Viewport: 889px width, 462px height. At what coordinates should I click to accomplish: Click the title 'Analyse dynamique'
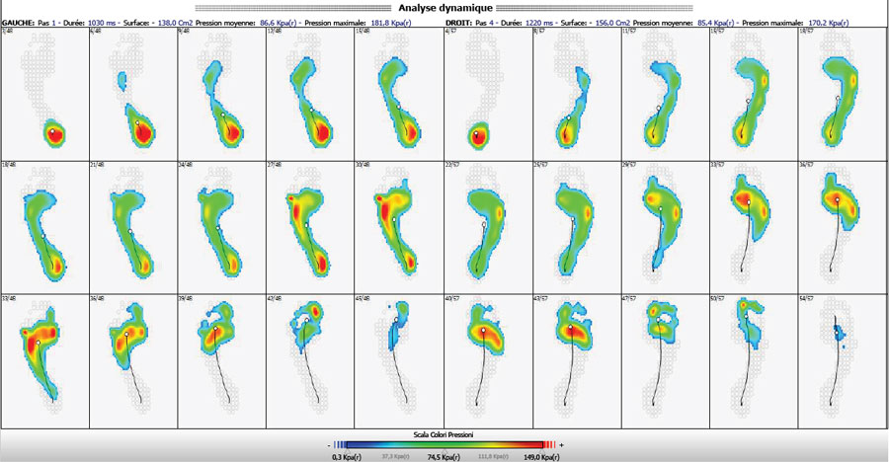coord(444,7)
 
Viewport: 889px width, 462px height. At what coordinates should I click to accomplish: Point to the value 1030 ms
coord(104,19)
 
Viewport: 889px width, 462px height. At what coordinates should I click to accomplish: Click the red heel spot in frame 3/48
coord(56,132)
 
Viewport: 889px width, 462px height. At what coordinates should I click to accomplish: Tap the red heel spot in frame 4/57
coord(478,135)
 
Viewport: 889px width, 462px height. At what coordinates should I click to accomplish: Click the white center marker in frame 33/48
coord(38,342)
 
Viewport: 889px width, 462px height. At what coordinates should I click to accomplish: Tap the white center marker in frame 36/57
coord(837,199)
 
